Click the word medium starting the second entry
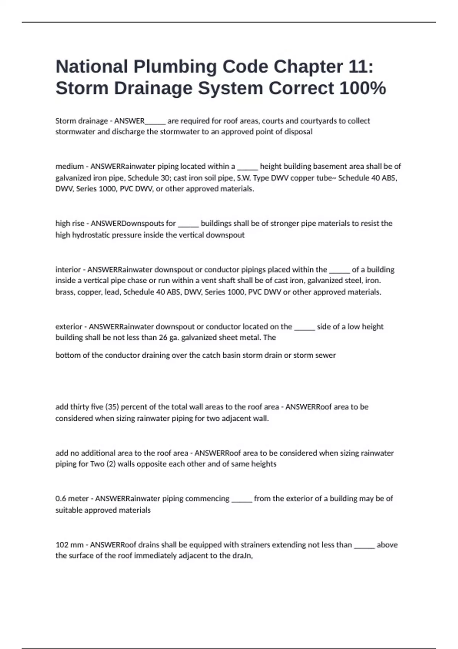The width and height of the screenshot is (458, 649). tap(69, 166)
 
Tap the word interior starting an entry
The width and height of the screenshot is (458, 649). tap(68, 270)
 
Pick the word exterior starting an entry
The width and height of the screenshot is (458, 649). tap(69, 327)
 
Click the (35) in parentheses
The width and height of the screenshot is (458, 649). tap(111, 407)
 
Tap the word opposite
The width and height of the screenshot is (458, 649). tap(135, 464)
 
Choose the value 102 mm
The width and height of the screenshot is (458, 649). tap(69, 545)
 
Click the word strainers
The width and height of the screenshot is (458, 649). tap(225, 545)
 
